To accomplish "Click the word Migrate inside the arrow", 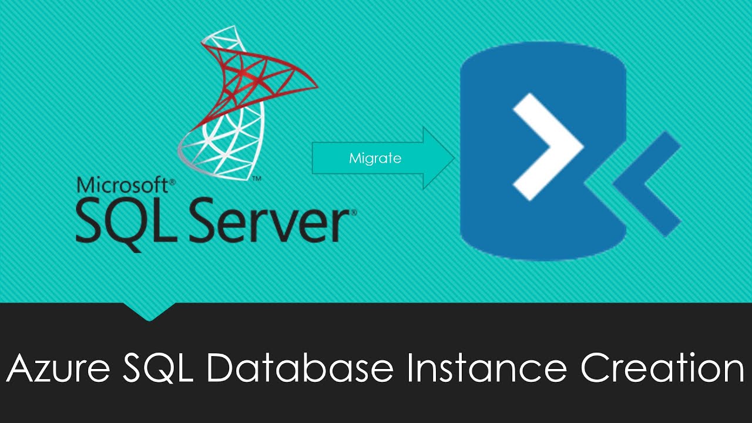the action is tap(375, 158).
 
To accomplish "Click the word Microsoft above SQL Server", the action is tap(122, 185).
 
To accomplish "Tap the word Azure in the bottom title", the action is tap(58, 368).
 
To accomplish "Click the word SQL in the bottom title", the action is tap(158, 368).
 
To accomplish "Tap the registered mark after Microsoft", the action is tap(172, 182).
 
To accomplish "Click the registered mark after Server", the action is tap(354, 212).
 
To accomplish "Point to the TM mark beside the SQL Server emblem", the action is tap(257, 179).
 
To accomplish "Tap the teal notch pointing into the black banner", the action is tap(149, 311).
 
